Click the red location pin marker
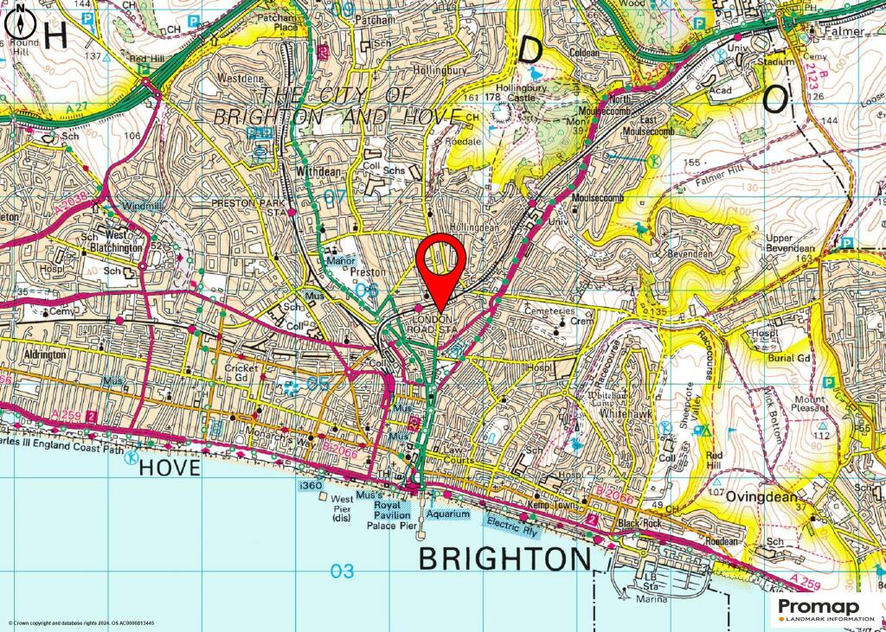(441, 263)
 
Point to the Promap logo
(825, 610)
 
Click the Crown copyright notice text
(82, 623)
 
